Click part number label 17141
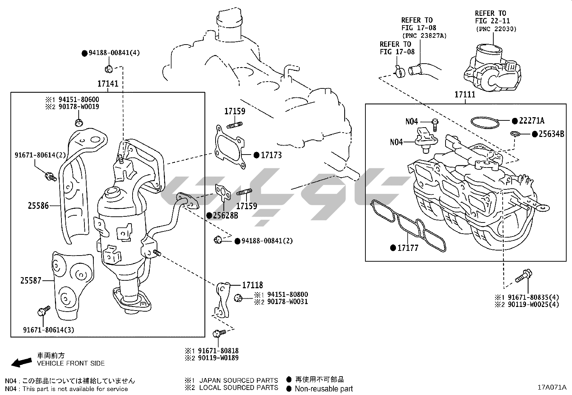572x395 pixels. pos(108,84)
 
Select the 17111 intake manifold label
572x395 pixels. pos(465,95)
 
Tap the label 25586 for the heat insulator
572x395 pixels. pos(38,206)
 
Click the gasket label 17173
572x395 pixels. pos(271,155)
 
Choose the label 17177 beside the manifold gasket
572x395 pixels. pos(408,248)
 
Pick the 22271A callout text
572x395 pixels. pos(531,121)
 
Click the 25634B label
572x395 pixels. pos(551,134)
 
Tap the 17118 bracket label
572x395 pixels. pos(252,285)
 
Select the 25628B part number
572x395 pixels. pos(225,216)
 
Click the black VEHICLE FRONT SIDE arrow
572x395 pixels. pos(21,362)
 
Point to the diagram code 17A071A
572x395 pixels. pos(552,387)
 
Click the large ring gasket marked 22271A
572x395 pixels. pos(485,122)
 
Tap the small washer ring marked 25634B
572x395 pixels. pos(515,134)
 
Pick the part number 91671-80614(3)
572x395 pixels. pos(49,330)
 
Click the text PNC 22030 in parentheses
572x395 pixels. pos(496,29)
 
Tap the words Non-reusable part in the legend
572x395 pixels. pos(324,389)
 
